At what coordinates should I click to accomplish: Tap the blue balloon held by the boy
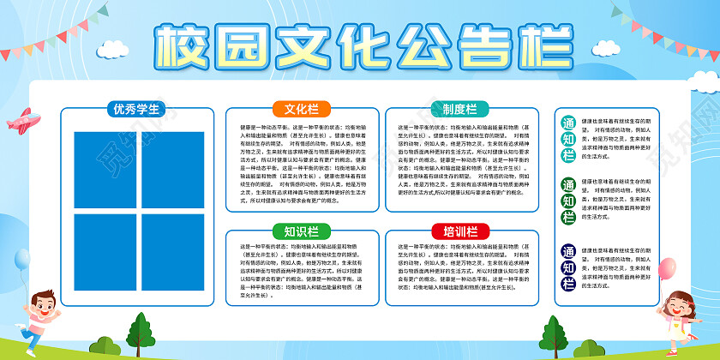click(23, 261)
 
